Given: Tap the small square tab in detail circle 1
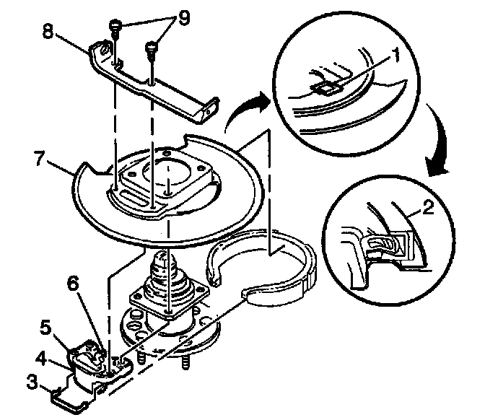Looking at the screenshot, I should pos(327,88).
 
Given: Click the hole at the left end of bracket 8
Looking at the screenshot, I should pos(104,50).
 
